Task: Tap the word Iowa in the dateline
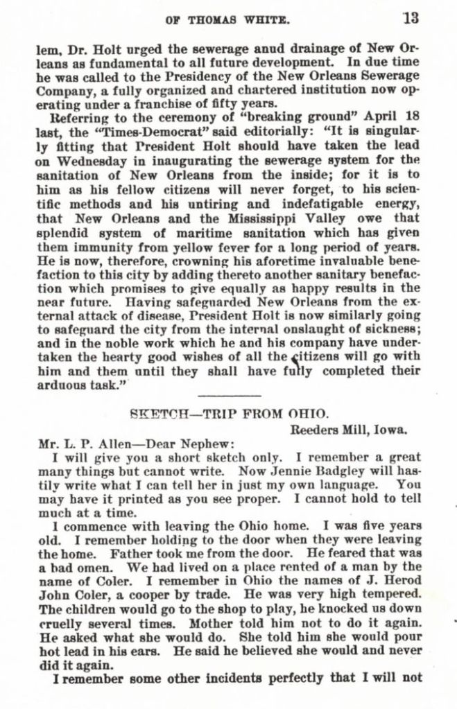[x=393, y=428]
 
